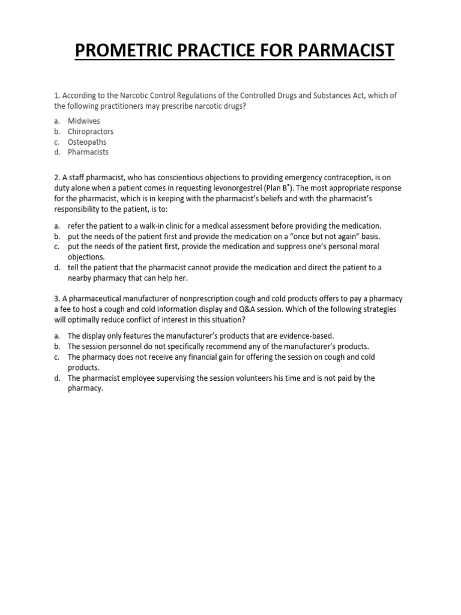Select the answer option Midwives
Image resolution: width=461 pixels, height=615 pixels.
(84, 121)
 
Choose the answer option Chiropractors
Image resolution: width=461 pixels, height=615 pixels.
(91, 132)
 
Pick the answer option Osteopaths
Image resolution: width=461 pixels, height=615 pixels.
(87, 142)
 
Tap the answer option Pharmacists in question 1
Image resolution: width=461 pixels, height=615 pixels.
(88, 152)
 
